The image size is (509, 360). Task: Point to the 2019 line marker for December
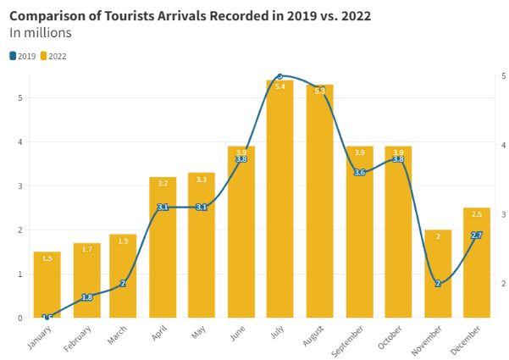[x=477, y=235]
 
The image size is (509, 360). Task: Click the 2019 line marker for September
[x=359, y=172]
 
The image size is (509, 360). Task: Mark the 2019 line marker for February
[x=86, y=297]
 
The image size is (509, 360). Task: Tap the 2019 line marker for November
[x=438, y=283]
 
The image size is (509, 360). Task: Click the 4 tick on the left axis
[x=19, y=142]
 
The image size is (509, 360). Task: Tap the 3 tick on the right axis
[x=503, y=214]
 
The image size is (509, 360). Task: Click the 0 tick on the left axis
[x=19, y=318]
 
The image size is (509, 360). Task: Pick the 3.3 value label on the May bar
[x=202, y=180]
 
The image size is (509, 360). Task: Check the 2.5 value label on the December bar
[x=477, y=213]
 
